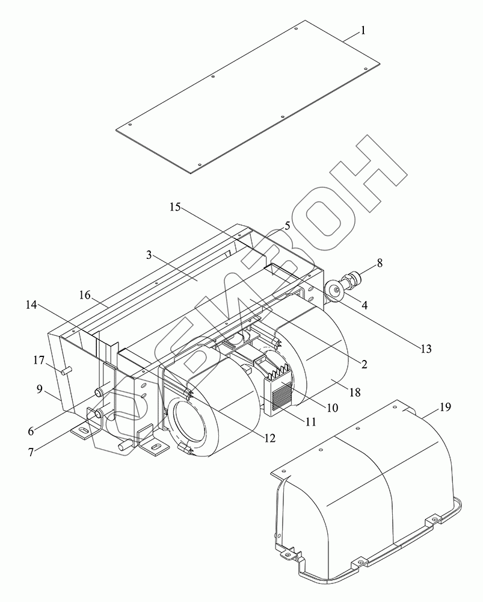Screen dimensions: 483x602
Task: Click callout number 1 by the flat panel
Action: [x=363, y=30]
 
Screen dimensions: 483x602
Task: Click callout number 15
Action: [x=174, y=207]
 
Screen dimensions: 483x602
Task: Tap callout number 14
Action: [x=31, y=306]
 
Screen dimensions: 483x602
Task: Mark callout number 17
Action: [x=38, y=361]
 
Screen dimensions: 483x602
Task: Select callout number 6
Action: [x=31, y=431]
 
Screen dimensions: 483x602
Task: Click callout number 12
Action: [x=269, y=438]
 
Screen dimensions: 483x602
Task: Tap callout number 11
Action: [x=310, y=422]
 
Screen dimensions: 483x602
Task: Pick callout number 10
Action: [x=332, y=408]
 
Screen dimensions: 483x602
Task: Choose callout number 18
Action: [x=355, y=392]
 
